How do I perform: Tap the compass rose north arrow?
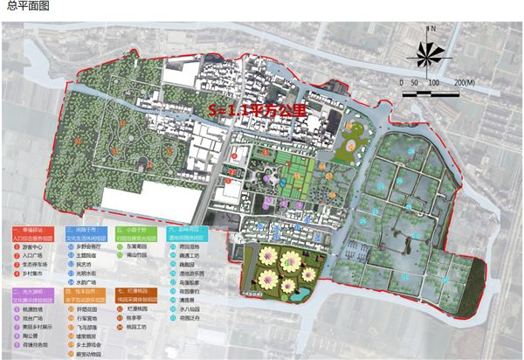(x=426, y=54)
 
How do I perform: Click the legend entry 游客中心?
(x=31, y=246)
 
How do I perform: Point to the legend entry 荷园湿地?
(x=196, y=246)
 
